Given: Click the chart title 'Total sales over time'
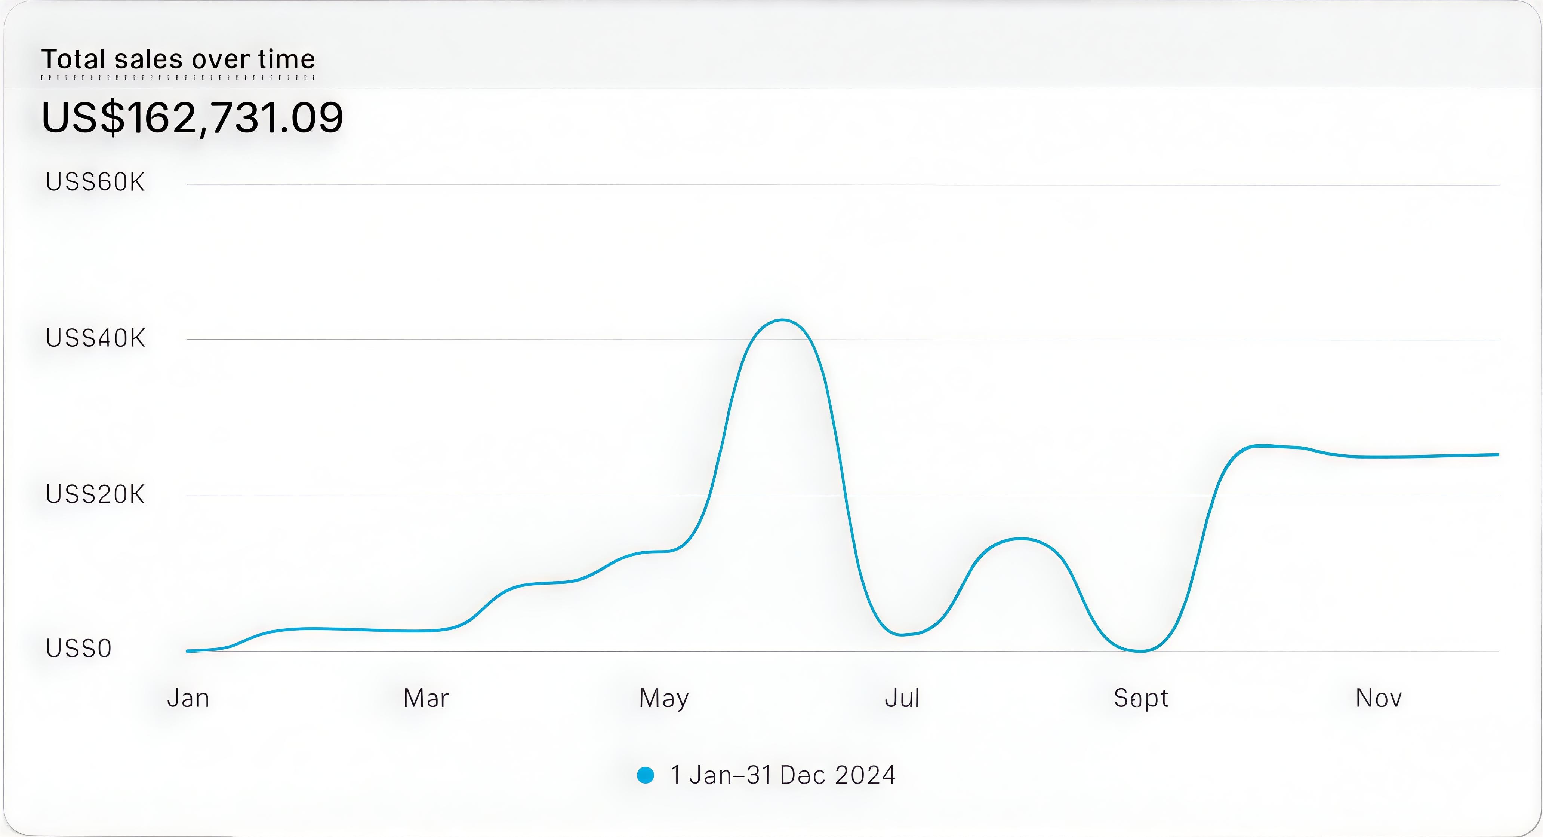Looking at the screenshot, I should tap(178, 59).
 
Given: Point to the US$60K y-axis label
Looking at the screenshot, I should tap(95, 182).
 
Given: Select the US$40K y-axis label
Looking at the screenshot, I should tap(95, 338).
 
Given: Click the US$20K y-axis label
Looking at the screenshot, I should tap(95, 495).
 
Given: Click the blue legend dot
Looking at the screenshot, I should tap(645, 775).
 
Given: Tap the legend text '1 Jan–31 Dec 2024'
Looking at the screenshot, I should tap(782, 775).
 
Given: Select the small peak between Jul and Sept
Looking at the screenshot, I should tap(1022, 539).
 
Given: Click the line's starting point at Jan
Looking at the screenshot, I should tap(188, 651).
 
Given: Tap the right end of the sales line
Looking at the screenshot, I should tap(1497, 455).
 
